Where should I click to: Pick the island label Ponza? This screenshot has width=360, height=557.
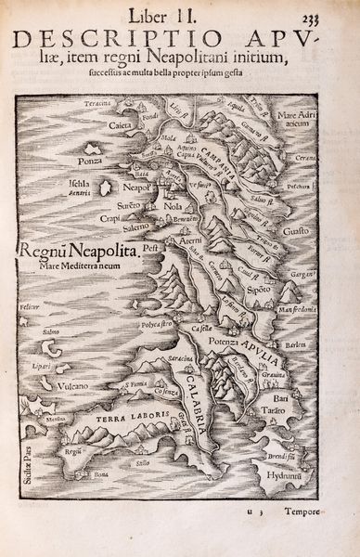91,160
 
